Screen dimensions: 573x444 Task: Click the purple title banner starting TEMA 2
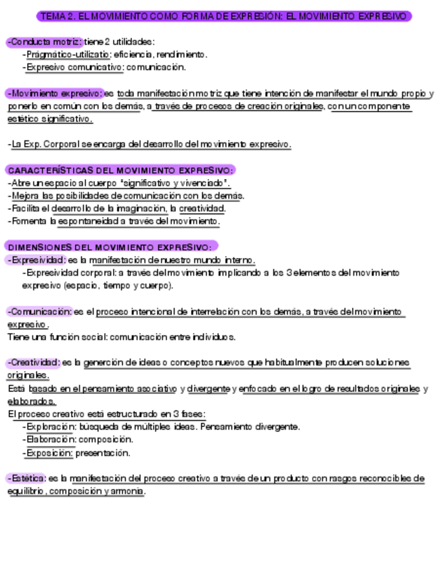tap(223, 16)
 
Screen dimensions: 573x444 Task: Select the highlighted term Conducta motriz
tap(44, 42)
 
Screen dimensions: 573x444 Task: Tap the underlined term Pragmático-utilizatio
tap(68, 54)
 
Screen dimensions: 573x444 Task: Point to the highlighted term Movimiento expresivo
tap(55, 93)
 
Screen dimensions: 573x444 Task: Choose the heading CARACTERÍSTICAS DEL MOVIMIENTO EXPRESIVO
tap(120, 170)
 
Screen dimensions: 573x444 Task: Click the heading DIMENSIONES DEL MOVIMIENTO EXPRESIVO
tap(111, 247)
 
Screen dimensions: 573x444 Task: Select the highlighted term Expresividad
tap(36, 260)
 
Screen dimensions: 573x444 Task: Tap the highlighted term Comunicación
tap(39, 312)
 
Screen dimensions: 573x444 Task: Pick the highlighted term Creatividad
tap(35, 363)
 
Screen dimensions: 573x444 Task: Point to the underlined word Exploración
tap(51, 427)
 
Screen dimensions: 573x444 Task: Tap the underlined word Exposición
tap(49, 453)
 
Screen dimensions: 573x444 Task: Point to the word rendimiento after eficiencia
tap(182, 54)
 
